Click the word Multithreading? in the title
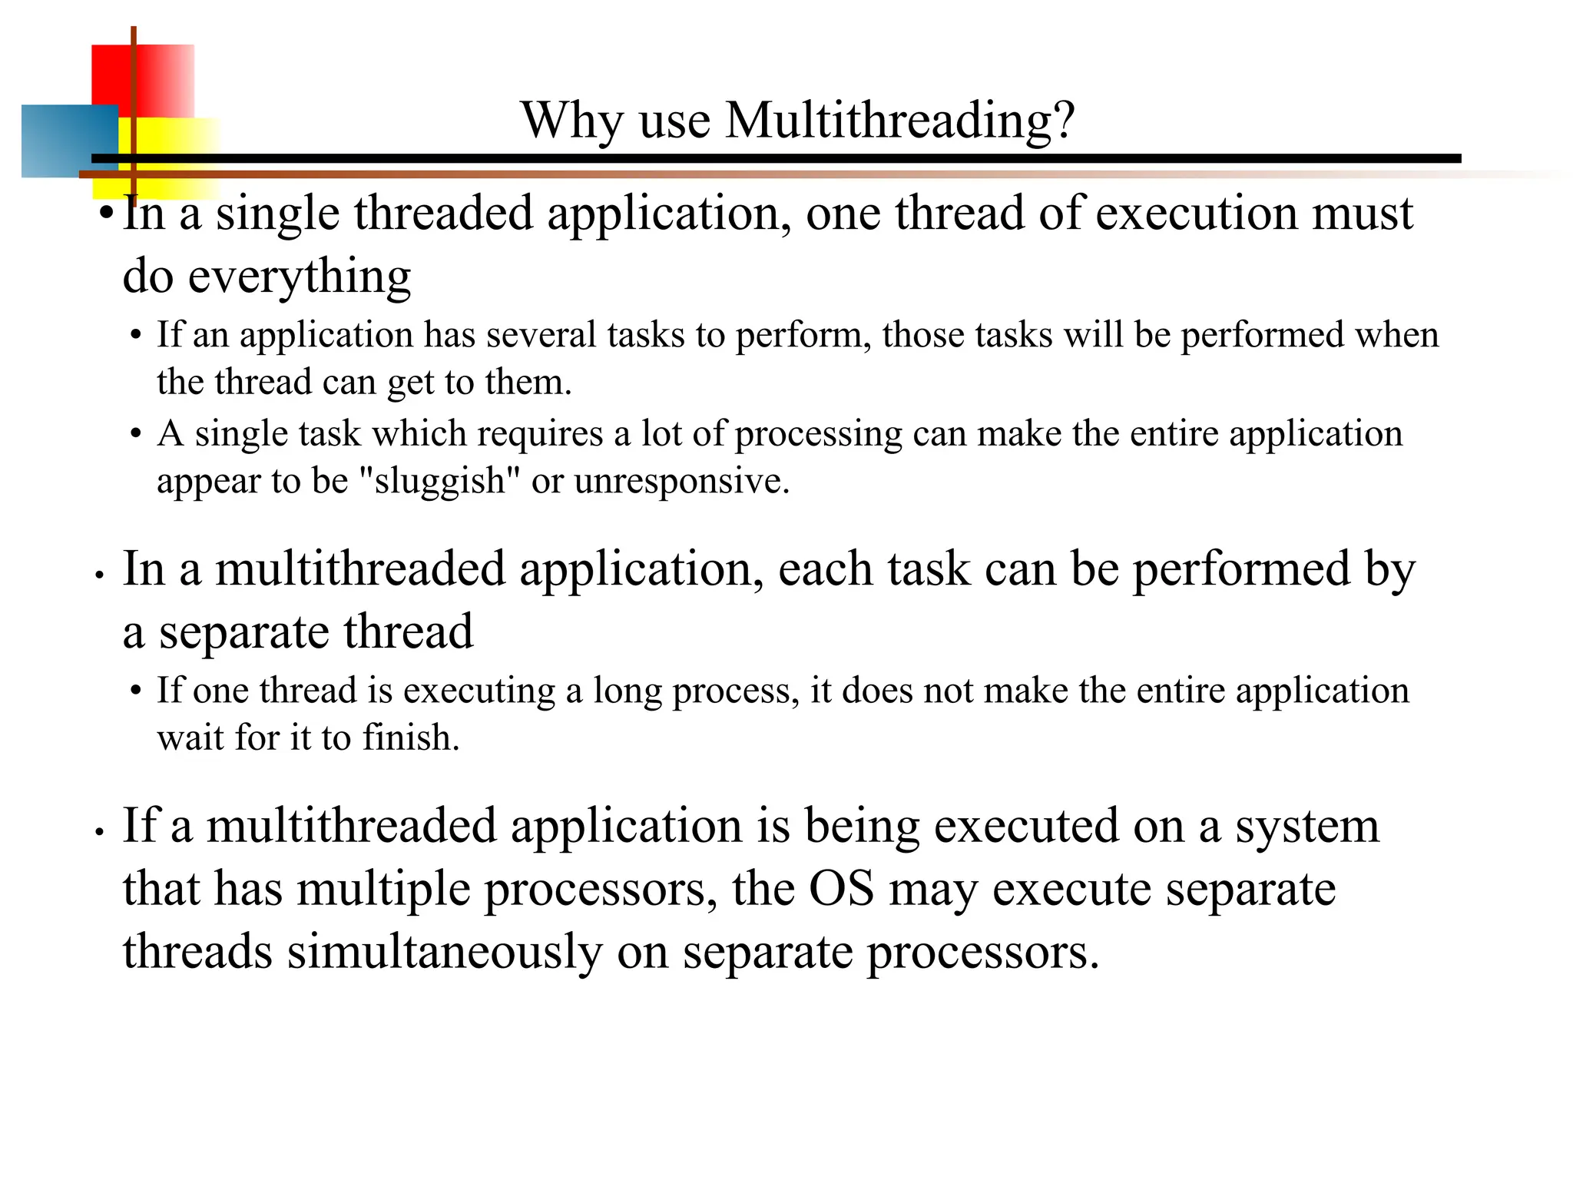(x=899, y=121)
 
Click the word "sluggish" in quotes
(x=439, y=482)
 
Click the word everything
(x=300, y=277)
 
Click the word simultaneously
(x=445, y=952)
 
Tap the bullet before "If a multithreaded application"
(x=99, y=832)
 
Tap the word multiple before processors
(x=383, y=890)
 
